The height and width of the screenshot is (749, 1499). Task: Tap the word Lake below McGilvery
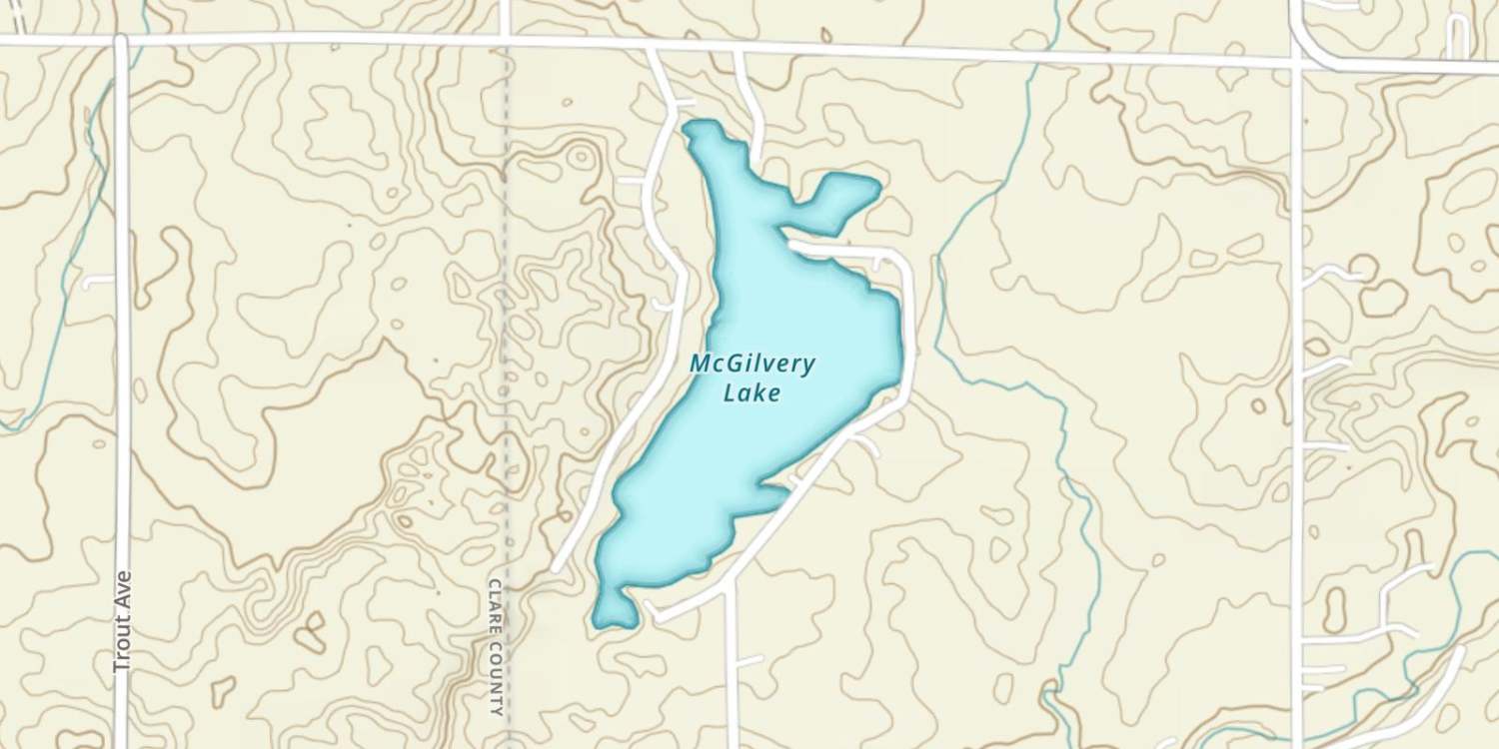click(x=751, y=392)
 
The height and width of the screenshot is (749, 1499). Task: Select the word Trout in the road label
click(x=124, y=647)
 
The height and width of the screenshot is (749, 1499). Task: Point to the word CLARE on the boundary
click(x=496, y=605)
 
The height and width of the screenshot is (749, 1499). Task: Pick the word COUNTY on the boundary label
click(x=496, y=679)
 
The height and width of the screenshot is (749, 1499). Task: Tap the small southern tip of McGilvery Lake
click(x=613, y=611)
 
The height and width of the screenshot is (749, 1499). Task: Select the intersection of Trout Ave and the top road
click(x=121, y=41)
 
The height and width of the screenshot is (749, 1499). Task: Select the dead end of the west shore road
click(x=557, y=567)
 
